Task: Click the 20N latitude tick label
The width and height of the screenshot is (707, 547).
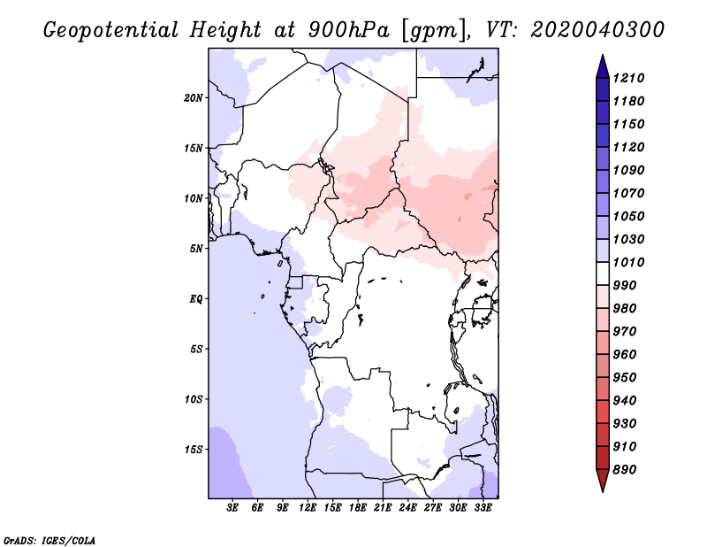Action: [x=194, y=98]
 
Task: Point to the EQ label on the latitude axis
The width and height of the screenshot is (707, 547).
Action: [x=195, y=299]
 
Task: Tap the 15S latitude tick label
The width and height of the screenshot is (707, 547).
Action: [x=194, y=450]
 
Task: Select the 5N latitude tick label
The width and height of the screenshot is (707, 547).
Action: [x=196, y=249]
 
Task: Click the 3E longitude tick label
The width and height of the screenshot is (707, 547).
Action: [x=232, y=508]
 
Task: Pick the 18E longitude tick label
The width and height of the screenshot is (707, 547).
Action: [x=358, y=508]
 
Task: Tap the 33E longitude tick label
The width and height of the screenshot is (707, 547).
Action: [x=483, y=508]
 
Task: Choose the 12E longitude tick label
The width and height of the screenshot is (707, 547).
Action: [x=308, y=508]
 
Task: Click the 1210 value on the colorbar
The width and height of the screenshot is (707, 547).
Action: [x=628, y=78]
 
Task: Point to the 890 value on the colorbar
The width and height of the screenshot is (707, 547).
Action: [x=625, y=470]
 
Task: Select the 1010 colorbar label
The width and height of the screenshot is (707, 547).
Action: [x=628, y=262]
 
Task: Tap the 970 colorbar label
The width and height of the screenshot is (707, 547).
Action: [x=625, y=332]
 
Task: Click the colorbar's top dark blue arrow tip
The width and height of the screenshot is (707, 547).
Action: [x=603, y=55]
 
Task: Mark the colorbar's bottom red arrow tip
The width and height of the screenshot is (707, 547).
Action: [x=603, y=491]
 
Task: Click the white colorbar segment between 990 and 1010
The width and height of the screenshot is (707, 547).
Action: [x=603, y=273]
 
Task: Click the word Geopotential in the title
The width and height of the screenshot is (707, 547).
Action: [x=111, y=31]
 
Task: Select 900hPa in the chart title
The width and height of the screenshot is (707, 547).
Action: [x=348, y=30]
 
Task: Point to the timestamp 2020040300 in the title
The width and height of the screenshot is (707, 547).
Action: [x=597, y=30]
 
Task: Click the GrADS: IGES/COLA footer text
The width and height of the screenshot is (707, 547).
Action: [x=49, y=540]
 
